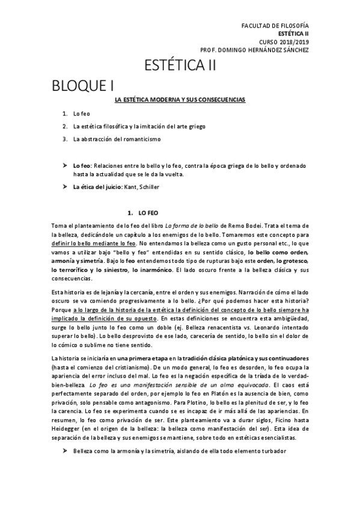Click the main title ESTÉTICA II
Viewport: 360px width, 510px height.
pyautogui.click(x=180, y=66)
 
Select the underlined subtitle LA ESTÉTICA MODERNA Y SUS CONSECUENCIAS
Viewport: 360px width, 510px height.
pyautogui.click(x=180, y=99)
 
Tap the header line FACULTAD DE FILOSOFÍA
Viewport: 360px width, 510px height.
pyautogui.click(x=275, y=26)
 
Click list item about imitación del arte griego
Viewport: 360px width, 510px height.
pyautogui.click(x=133, y=126)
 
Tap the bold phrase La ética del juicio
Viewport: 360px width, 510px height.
pyautogui.click(x=97, y=187)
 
